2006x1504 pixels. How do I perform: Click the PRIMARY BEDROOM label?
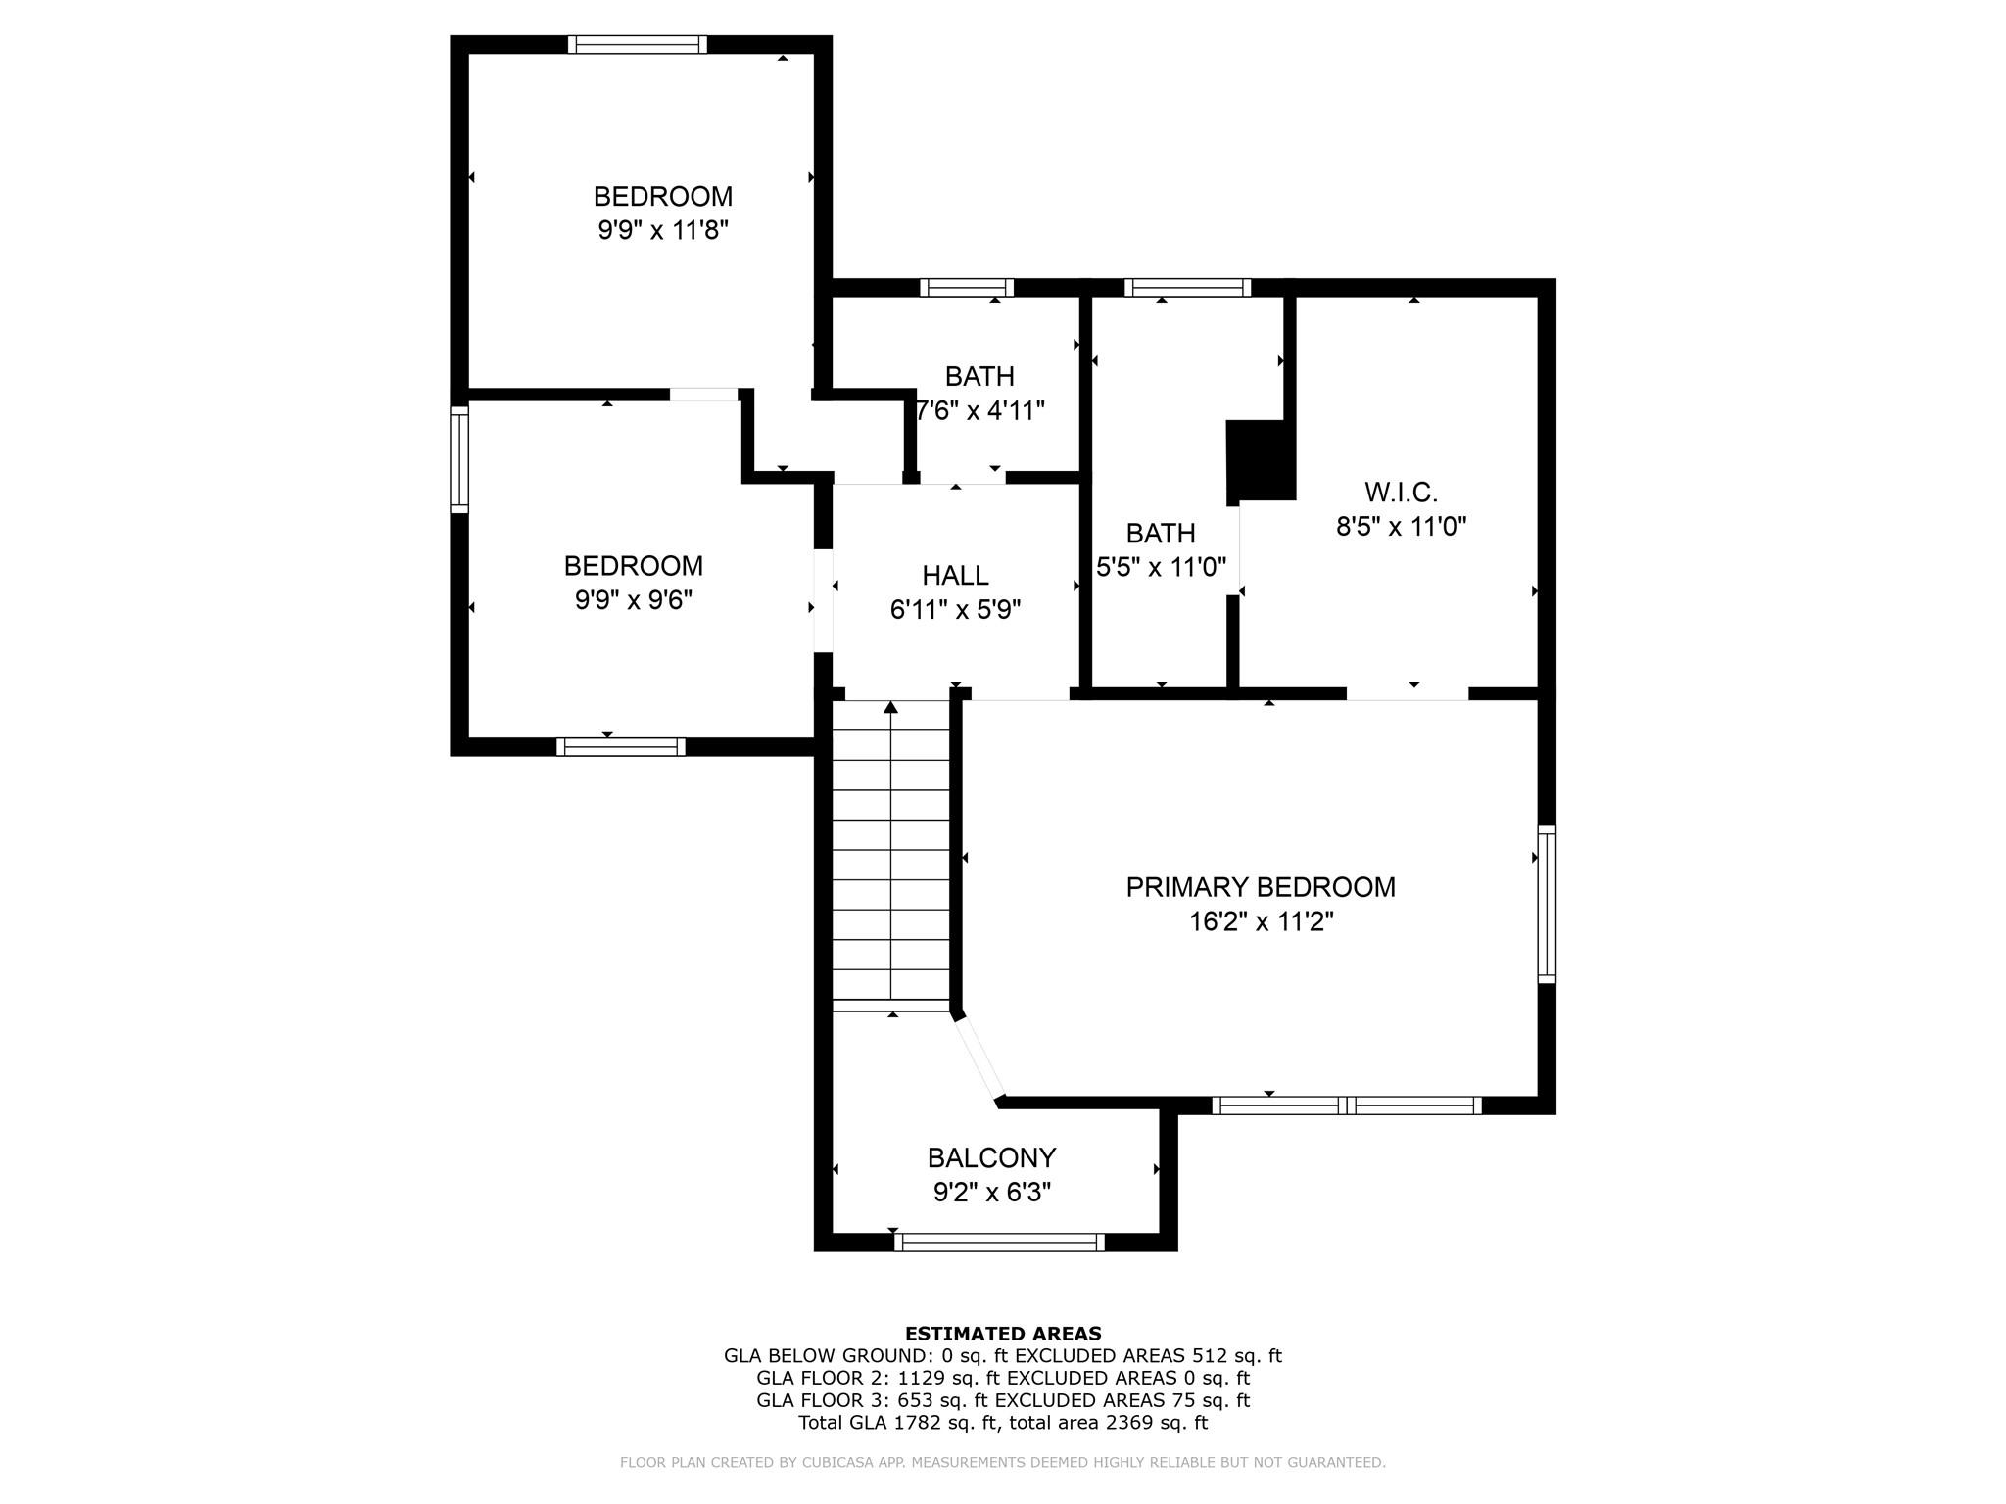tap(1260, 887)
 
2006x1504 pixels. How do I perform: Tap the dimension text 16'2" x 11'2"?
tap(1262, 921)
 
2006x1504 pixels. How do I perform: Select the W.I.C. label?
tap(1401, 492)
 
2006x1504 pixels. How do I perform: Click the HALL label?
tap(955, 575)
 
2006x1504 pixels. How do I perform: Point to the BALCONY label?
tap(991, 1157)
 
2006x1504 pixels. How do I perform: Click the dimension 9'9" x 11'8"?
tap(663, 231)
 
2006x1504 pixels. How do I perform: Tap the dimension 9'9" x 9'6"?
tap(633, 600)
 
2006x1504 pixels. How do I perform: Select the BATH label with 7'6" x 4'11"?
tap(979, 376)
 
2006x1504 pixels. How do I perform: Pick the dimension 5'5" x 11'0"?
tap(1161, 567)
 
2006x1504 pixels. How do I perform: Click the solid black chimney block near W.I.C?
tap(1261, 460)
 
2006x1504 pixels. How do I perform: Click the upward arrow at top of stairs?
tap(890, 707)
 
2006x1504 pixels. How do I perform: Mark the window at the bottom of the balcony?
tap(999, 1243)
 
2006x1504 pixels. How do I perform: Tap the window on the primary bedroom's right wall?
tap(1546, 904)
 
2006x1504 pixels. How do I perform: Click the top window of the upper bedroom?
tap(637, 44)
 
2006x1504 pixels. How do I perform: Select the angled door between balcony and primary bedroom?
tap(980, 1058)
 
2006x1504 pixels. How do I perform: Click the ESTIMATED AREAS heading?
tap(1002, 1333)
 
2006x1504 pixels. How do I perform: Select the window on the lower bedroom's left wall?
tap(458, 459)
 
